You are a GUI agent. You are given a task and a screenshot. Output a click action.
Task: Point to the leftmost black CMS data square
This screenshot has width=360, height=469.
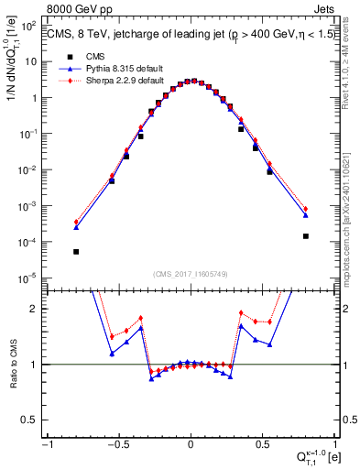77,252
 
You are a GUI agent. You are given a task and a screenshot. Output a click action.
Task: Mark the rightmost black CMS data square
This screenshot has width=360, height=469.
305,236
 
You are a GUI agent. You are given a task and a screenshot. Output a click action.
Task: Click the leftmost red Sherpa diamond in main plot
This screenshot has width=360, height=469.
77,222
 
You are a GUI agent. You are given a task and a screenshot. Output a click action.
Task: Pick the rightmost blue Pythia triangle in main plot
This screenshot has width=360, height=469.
305,215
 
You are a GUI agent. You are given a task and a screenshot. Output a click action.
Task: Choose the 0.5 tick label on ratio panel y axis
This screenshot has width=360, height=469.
35,420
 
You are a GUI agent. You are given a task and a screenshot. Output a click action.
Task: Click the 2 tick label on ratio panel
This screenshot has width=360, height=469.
38,309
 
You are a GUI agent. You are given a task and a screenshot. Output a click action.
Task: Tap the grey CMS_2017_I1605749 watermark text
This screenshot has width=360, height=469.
190,274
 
